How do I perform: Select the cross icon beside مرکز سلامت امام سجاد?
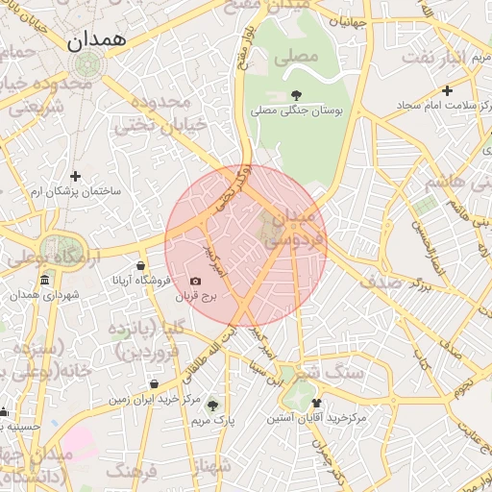point(446,90)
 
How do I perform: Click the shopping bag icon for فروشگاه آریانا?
point(141,266)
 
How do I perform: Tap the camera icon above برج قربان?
point(196,282)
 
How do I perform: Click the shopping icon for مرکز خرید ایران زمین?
point(154,383)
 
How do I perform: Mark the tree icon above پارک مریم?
point(211,405)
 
